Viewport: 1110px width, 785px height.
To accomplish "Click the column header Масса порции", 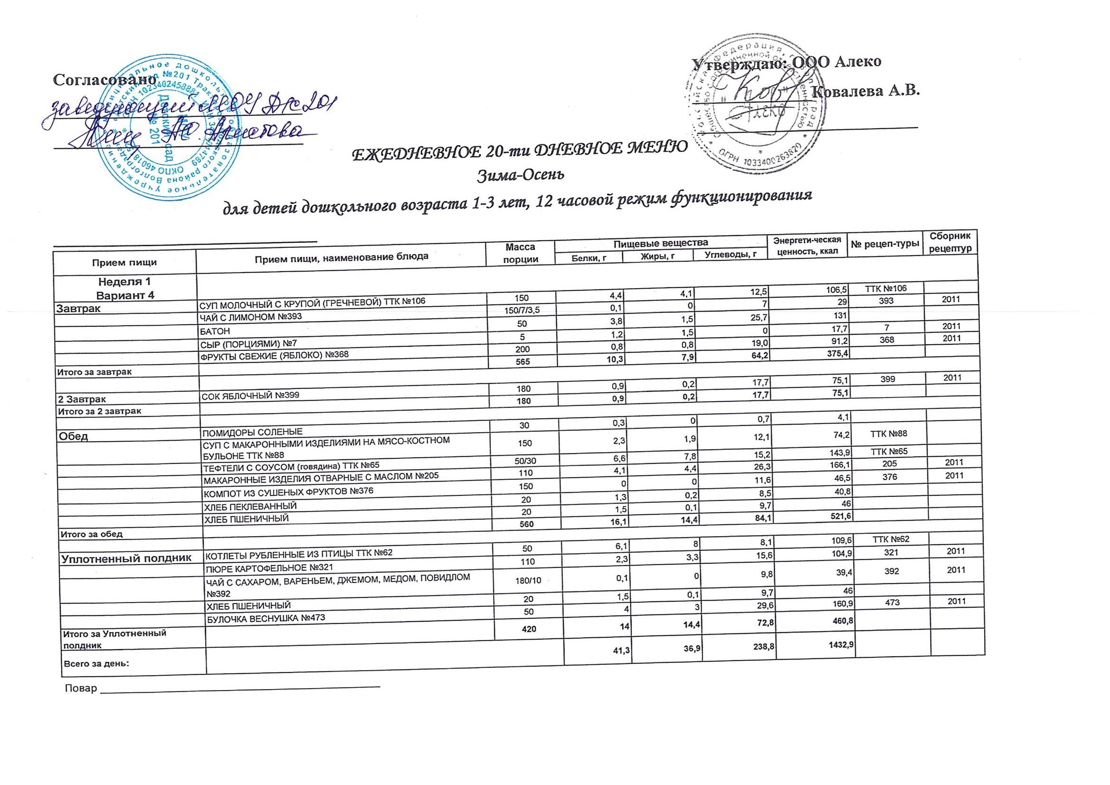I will tap(520, 253).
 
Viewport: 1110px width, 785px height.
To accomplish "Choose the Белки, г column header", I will tap(588, 258).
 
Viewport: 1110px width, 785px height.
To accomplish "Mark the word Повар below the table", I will tap(81, 688).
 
